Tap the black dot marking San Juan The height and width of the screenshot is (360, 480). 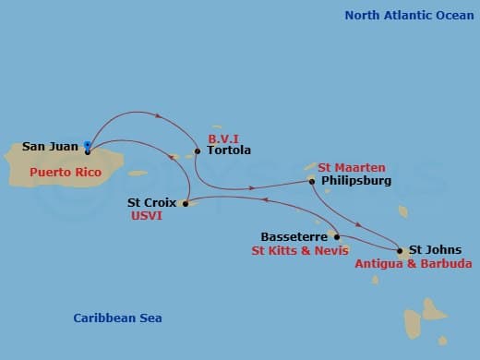88,150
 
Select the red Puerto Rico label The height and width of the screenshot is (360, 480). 63,172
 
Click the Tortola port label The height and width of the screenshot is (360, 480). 229,150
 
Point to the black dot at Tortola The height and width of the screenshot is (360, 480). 198,150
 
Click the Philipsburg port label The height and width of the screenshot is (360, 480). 356,181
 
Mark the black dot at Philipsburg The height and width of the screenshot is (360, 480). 312,181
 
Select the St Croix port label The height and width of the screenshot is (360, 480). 153,201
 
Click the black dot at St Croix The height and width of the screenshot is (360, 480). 186,202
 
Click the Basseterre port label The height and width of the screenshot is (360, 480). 294,236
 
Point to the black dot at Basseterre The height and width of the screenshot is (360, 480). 336,236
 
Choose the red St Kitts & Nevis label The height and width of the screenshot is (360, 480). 300,250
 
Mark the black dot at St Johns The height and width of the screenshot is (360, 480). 400,249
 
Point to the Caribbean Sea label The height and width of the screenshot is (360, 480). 117,318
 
